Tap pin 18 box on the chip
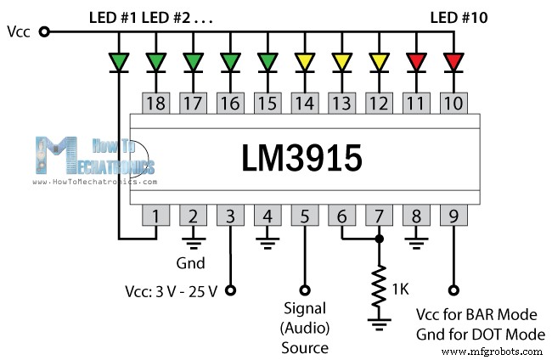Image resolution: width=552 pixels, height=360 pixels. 155,104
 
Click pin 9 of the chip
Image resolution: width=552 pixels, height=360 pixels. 454,217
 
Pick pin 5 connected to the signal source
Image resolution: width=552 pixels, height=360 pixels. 305,217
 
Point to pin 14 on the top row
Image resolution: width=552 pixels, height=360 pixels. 305,104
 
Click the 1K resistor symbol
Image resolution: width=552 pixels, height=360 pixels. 380,289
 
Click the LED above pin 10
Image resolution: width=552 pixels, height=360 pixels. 454,61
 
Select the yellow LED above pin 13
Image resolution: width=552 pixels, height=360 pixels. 342,61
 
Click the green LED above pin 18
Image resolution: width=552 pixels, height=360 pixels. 155,61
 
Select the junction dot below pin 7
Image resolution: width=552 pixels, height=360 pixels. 380,239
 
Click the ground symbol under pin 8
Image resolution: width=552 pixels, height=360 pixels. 417,243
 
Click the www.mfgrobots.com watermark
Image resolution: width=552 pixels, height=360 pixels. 493,351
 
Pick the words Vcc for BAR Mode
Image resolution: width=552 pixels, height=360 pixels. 479,315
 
